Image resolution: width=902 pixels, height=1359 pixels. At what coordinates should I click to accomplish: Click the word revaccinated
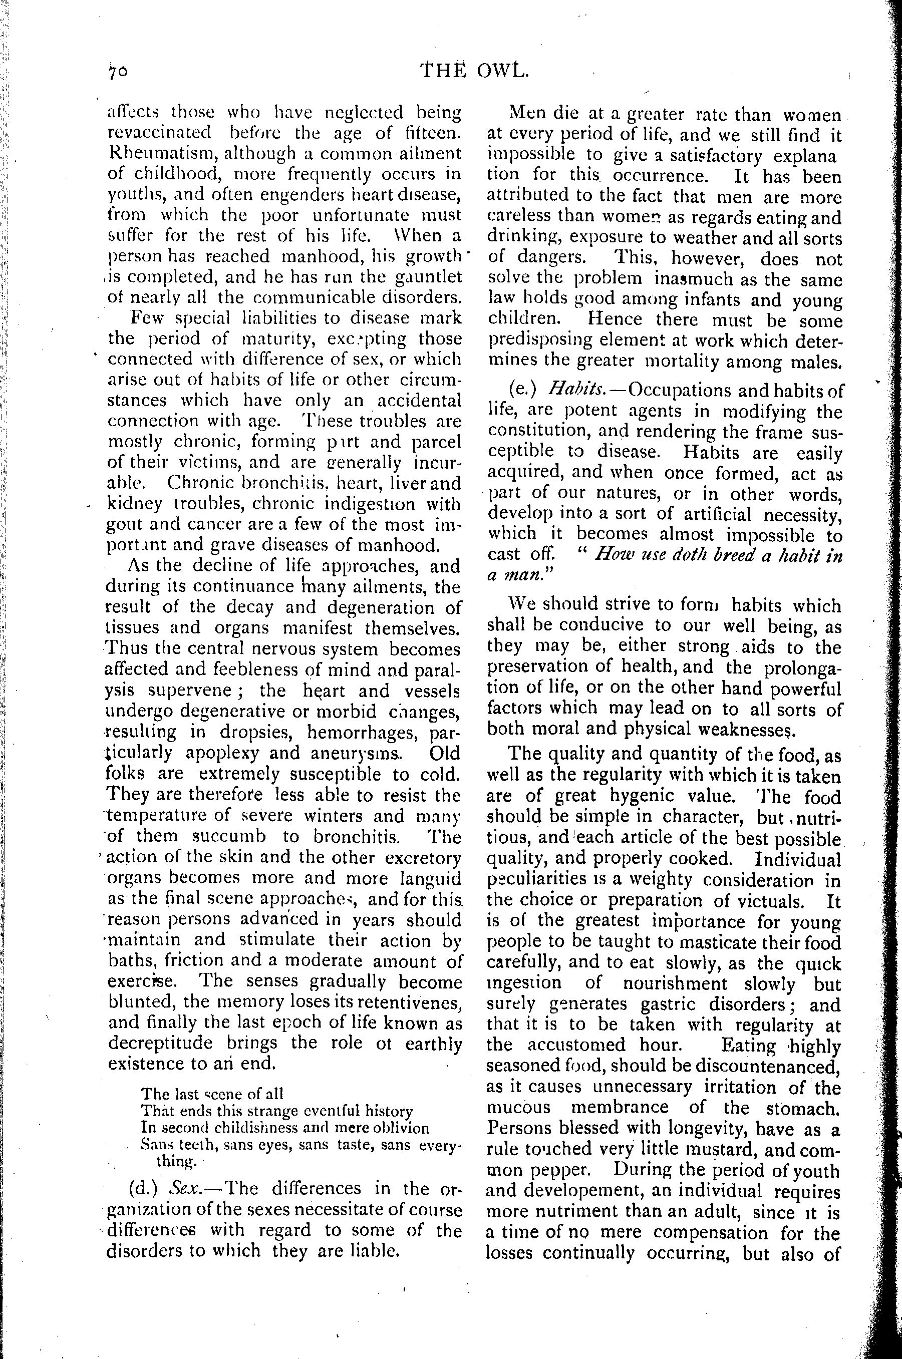pos(159,133)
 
